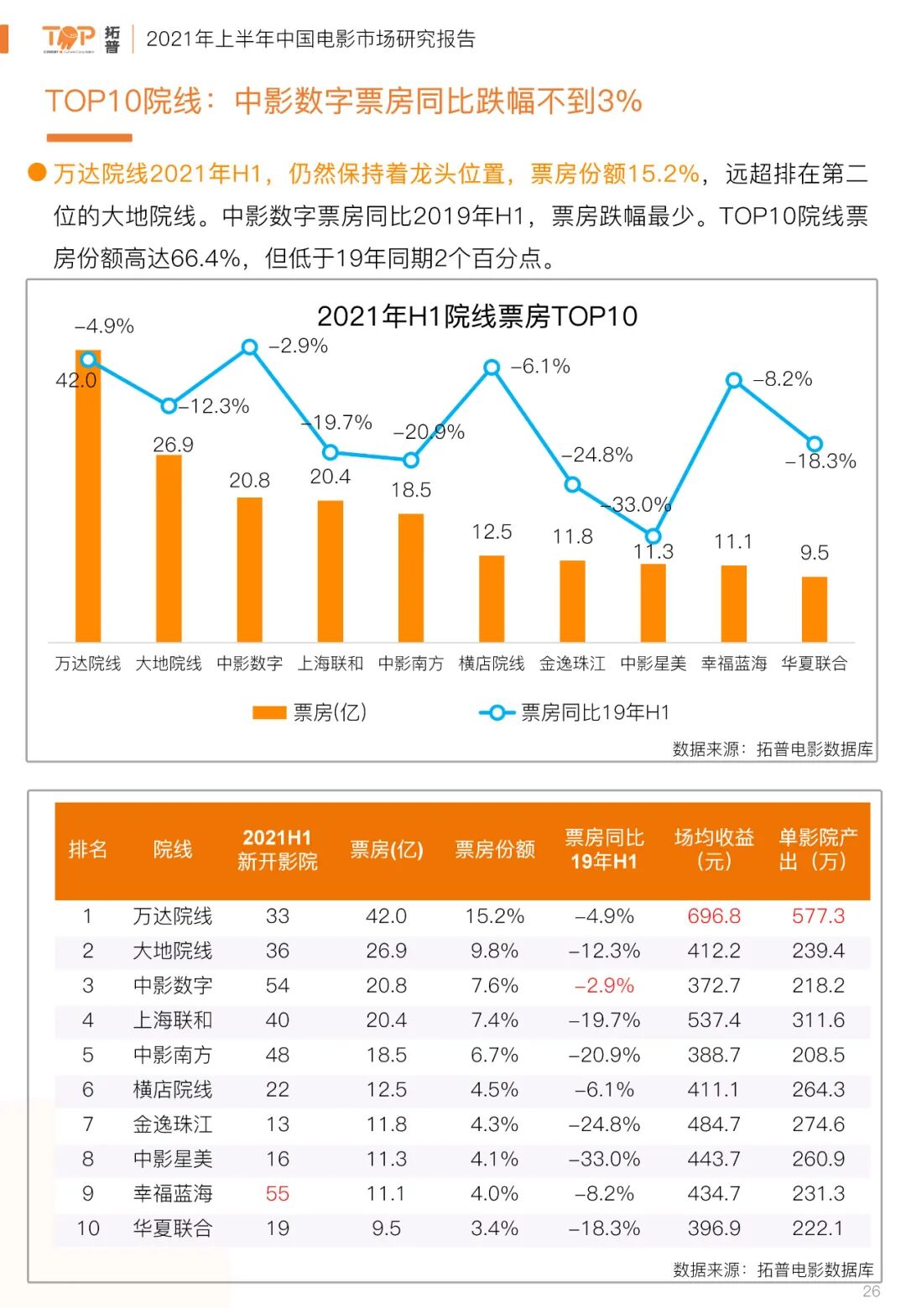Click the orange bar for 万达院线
pos(88,503)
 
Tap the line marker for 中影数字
pos(249,347)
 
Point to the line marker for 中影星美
pos(653,536)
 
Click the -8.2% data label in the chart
pos(783,379)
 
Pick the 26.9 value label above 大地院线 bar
pos(173,445)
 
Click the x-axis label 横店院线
pos(492,664)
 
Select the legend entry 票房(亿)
pos(310,712)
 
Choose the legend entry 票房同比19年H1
pos(575,712)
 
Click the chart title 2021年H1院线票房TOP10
pos(476,316)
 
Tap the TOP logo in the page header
pos(69,38)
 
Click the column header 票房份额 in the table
pos(494,850)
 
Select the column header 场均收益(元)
pos(714,850)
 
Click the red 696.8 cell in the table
pos(714,916)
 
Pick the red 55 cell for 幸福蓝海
pos(277,1194)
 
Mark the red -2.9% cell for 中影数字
pos(604,986)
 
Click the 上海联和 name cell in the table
pos(173,1020)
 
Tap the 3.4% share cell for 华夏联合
pos(494,1228)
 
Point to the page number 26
pos(872,1291)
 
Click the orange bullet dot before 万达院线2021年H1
pos(37,173)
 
